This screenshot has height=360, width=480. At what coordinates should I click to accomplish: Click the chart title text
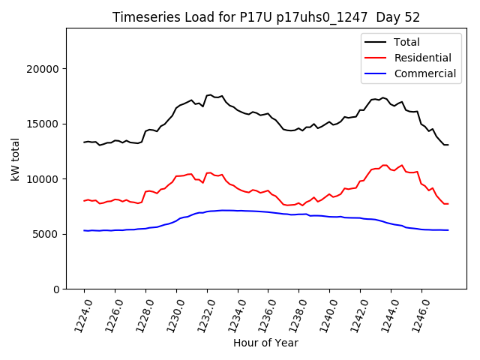(265, 17)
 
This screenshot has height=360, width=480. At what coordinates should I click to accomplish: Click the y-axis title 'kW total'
(15, 159)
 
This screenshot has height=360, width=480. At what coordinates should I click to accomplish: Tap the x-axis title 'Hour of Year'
(265, 343)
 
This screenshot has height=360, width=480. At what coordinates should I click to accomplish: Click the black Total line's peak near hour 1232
(210, 94)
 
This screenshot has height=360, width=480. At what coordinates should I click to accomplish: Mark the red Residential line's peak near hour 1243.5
(384, 165)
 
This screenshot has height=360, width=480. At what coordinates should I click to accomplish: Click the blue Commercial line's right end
(448, 230)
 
